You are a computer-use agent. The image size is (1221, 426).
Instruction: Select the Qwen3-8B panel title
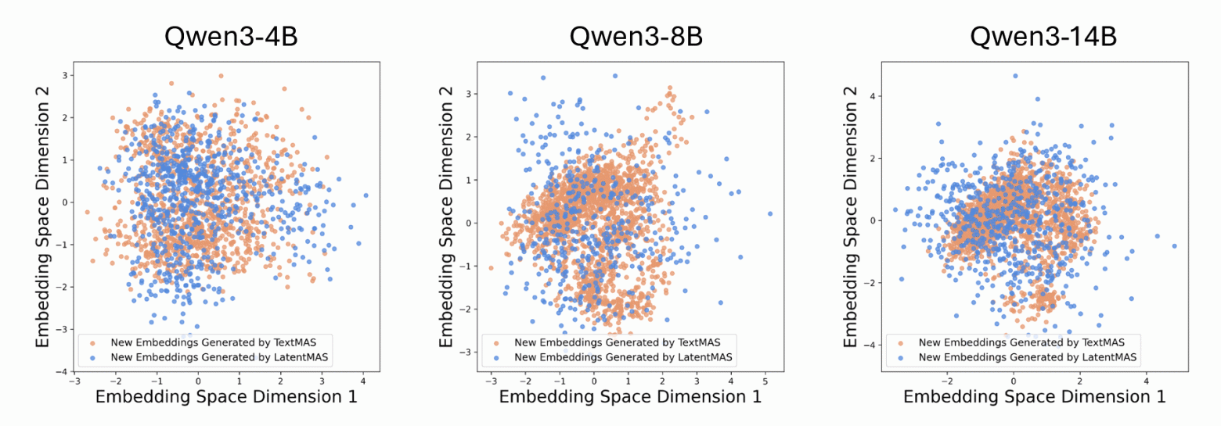[625, 37]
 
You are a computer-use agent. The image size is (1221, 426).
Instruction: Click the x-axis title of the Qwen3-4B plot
[226, 396]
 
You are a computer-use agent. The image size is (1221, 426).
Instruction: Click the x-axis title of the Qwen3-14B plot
[1035, 396]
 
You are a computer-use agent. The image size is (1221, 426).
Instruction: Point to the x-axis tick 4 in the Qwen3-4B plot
[365, 381]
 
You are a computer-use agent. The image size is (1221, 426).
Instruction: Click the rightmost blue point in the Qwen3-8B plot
[770, 213]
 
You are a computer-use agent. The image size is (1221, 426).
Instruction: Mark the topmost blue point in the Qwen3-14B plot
[1015, 76]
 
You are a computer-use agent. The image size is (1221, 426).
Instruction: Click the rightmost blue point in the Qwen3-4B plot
[366, 195]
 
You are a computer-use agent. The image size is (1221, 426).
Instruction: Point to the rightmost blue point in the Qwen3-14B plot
[1174, 245]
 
